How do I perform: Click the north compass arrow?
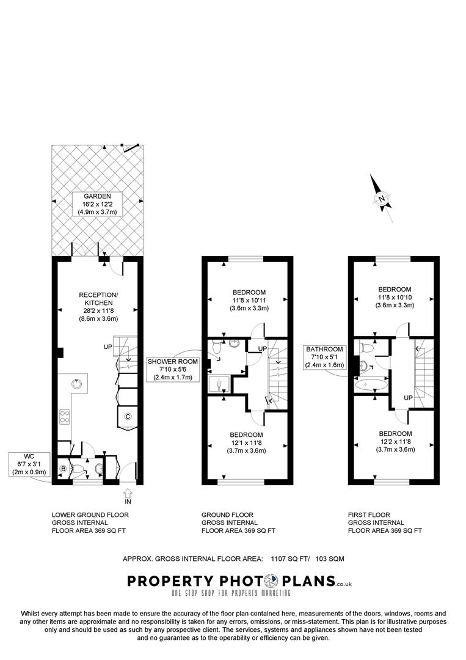pyautogui.click(x=382, y=197)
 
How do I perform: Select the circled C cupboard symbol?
pyautogui.click(x=128, y=417)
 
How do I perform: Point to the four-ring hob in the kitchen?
pyautogui.click(x=64, y=417)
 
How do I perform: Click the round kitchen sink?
pyautogui.click(x=76, y=384)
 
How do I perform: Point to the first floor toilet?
pyautogui.click(x=366, y=348)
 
